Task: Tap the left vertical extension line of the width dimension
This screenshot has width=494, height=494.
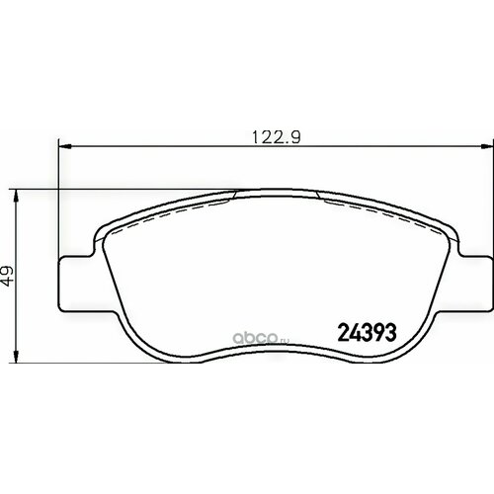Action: [x=60, y=198]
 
